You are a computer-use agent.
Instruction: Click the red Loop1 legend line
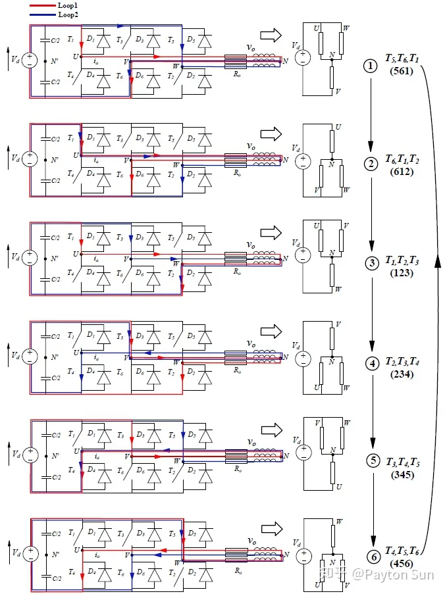[x=43, y=5]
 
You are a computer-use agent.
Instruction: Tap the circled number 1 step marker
[x=371, y=66]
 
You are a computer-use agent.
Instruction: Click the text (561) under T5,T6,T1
[x=401, y=71]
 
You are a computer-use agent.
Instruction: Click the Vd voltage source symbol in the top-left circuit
[x=30, y=61]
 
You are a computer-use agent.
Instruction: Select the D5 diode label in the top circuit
[x=190, y=41]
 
